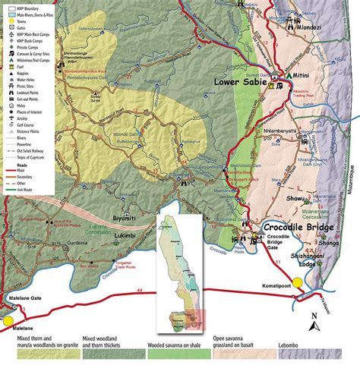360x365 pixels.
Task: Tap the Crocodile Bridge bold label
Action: coord(304,226)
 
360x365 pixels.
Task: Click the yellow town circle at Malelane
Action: coord(10,309)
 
